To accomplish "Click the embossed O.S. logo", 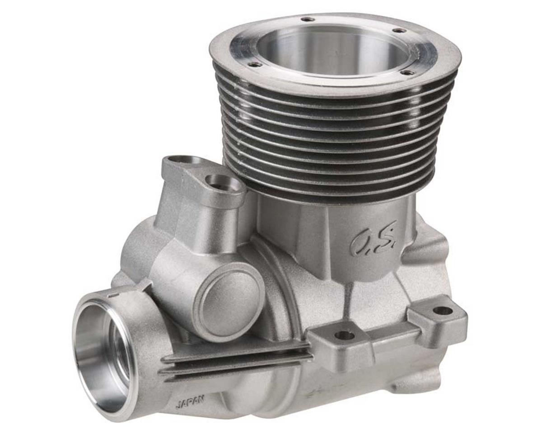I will (373, 239).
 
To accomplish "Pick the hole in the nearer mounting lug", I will (345, 335).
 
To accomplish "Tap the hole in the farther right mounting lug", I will (442, 311).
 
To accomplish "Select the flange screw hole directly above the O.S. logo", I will (408, 72).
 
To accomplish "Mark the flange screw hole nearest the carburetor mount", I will (256, 65).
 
